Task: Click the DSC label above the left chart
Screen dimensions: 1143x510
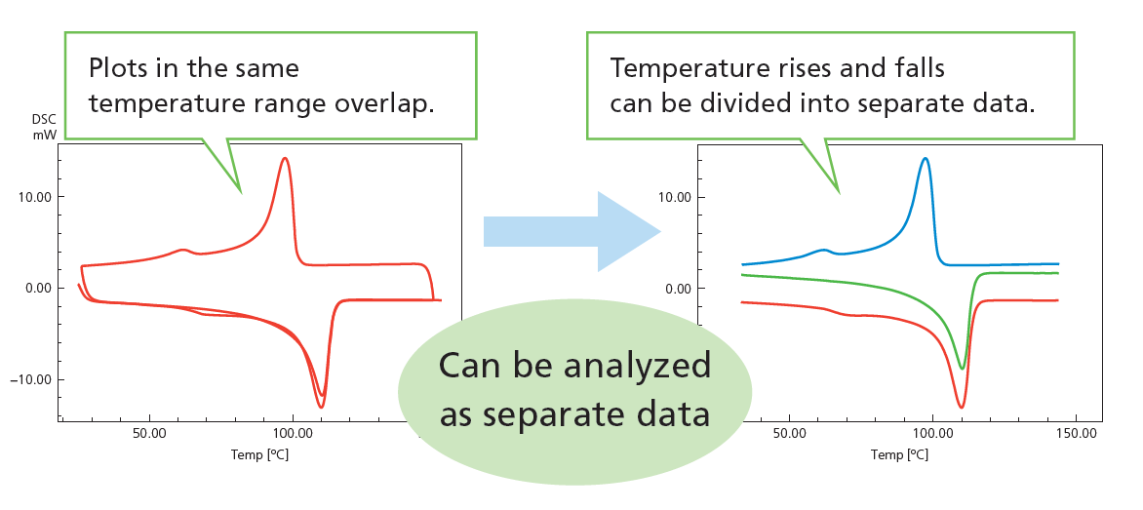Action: [x=45, y=120]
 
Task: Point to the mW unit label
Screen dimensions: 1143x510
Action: [x=45, y=135]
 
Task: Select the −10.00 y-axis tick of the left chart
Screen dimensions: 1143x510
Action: [x=30, y=379]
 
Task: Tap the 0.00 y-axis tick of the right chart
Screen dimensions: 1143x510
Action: [x=678, y=289]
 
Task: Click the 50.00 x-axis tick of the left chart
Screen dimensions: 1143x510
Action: [x=149, y=433]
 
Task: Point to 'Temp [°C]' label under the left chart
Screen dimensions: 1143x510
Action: [x=260, y=454]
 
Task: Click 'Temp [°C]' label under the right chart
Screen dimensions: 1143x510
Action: [x=899, y=455]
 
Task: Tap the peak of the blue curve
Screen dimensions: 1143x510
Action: [x=926, y=158]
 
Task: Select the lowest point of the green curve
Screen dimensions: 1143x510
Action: [x=963, y=368]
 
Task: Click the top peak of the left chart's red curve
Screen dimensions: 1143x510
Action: [x=285, y=158]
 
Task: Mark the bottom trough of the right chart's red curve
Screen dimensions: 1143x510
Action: [x=962, y=407]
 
